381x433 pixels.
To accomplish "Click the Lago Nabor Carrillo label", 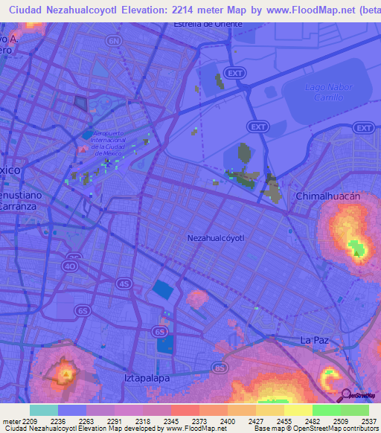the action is [324, 92].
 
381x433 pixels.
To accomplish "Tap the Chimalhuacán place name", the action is [328, 196].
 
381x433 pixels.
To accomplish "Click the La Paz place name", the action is [315, 340].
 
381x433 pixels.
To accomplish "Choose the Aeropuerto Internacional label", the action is [112, 141].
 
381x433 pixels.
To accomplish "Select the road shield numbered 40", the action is [71, 266].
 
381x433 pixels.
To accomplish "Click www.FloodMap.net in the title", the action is [301, 8].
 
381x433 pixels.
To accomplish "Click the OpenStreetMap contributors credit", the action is [337, 429].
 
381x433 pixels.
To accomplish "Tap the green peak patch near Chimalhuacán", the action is [358, 248].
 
